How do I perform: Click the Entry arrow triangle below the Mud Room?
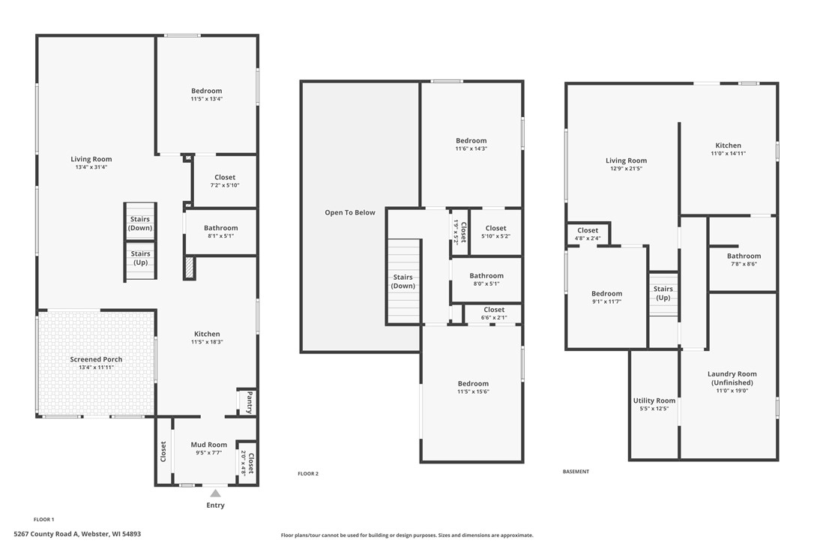[x=215, y=493]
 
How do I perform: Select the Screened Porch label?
[x=96, y=359]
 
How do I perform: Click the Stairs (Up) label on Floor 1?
[x=140, y=258]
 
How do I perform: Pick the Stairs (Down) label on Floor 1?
[x=140, y=223]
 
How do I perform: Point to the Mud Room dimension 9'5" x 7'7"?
[x=208, y=452]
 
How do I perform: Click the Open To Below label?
[x=349, y=212]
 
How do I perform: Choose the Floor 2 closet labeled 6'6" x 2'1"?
[x=494, y=313]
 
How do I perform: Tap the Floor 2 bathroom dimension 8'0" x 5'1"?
[x=486, y=283]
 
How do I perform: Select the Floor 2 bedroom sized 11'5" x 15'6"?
[x=473, y=388]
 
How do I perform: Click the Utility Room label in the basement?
[x=654, y=400]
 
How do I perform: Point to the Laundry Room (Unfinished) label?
[x=732, y=378]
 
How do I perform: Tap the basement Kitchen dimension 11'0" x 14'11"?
[x=728, y=153]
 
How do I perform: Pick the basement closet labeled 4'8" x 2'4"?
[x=588, y=234]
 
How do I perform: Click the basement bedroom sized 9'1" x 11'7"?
[x=606, y=297]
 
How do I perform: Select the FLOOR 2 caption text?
[x=308, y=473]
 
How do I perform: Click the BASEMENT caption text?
[x=576, y=472]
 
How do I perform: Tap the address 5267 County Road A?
[x=76, y=534]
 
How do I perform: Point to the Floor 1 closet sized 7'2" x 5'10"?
[x=225, y=181]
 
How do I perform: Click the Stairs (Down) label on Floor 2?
[x=403, y=281]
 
